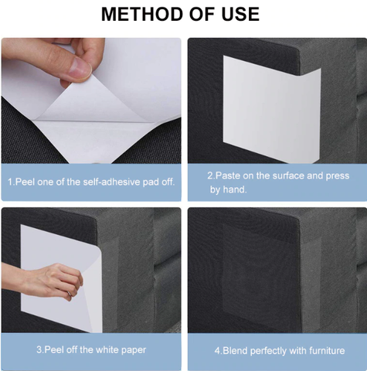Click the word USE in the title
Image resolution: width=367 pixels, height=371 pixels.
pyautogui.click(x=240, y=14)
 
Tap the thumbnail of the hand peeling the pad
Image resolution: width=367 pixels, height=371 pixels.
pyautogui.click(x=91, y=100)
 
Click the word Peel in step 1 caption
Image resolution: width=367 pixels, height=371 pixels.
pyautogui.click(x=25, y=182)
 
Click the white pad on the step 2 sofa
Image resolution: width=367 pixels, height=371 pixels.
pyautogui.click(x=272, y=110)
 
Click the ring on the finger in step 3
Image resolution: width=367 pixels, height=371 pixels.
pyautogui.click(x=69, y=294)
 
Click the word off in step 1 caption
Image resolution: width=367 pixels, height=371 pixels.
pyautogui.click(x=168, y=182)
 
